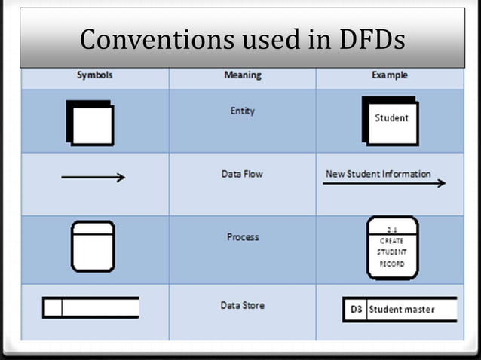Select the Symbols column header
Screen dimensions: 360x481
(94, 75)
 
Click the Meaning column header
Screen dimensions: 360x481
(243, 75)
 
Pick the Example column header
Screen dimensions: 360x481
(390, 75)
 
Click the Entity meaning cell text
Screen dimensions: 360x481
(242, 111)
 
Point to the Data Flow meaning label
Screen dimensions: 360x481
(242, 174)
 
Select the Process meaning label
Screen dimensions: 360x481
(243, 237)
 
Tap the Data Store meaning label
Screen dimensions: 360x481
(242, 306)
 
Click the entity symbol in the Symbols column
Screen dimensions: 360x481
(91, 123)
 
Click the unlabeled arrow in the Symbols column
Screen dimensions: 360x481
(93, 178)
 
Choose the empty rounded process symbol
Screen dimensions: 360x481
(93, 246)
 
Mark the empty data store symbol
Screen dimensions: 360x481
(91, 307)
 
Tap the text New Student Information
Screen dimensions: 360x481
(378, 174)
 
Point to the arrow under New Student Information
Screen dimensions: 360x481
(384, 183)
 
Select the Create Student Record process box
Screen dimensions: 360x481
(391, 248)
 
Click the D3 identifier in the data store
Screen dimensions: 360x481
(357, 310)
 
